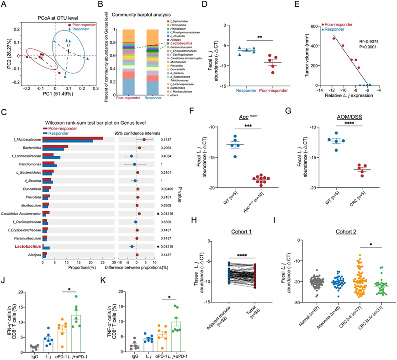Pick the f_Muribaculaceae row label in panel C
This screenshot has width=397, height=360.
22,139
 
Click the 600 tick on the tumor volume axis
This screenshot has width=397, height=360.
315,26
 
